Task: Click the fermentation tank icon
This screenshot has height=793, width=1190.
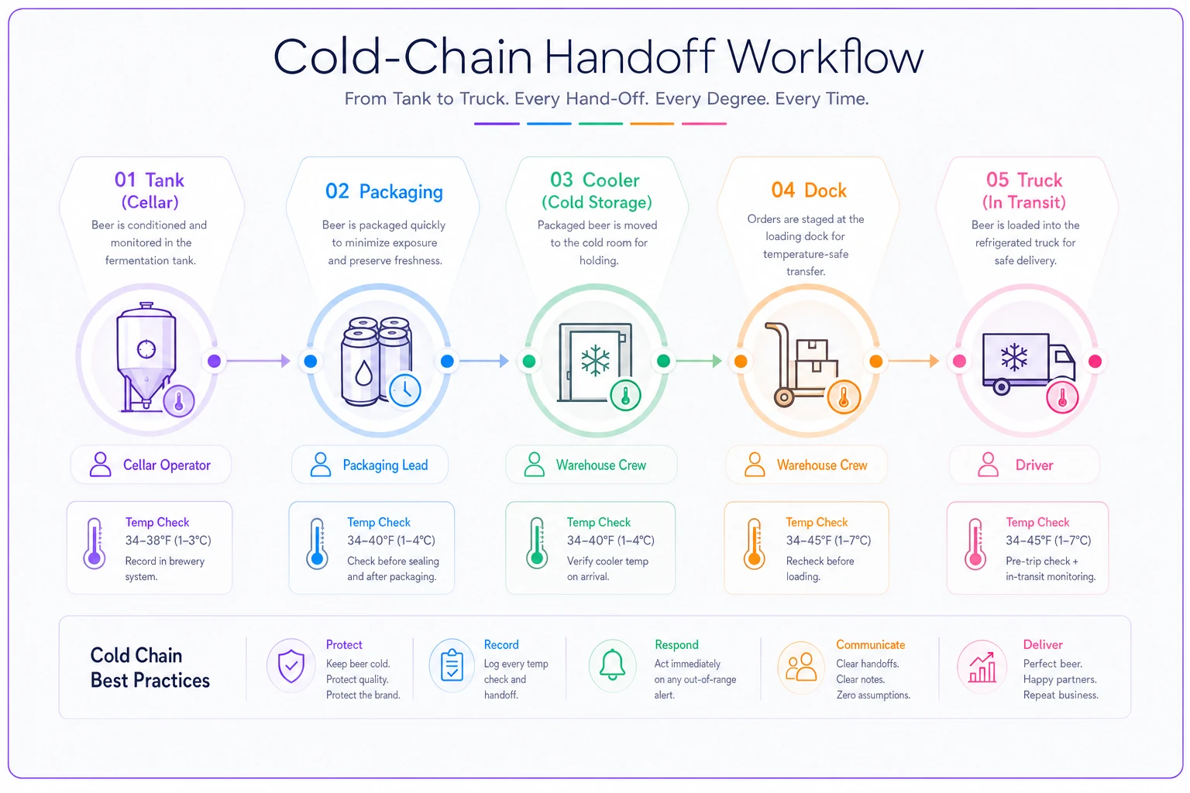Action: [146, 357]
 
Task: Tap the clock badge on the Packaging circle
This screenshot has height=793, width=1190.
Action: [405, 390]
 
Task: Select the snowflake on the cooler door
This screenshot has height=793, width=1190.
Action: [595, 361]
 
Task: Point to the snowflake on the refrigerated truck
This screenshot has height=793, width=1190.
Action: [1013, 356]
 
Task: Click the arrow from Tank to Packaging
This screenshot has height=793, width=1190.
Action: [259, 361]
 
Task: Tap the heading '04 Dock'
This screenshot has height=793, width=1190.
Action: [809, 191]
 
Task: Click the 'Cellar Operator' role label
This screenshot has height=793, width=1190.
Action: [167, 465]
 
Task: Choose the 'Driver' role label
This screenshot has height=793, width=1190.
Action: [1034, 465]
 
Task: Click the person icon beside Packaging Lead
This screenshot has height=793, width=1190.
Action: [320, 465]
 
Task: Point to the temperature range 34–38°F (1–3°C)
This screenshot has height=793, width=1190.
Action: [168, 541]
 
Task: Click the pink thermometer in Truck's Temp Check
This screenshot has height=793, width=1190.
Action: [975, 544]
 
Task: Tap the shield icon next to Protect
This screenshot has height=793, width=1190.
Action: [291, 666]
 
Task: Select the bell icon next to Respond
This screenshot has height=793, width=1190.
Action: [612, 664]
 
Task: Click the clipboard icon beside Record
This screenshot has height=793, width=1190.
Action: [452, 664]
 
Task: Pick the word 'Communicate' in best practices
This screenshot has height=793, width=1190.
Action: [870, 645]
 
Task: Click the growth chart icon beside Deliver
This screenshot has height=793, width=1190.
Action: [982, 667]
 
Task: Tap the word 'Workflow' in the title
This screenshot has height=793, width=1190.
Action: [825, 57]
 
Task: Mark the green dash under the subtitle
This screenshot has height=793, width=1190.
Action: [600, 124]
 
